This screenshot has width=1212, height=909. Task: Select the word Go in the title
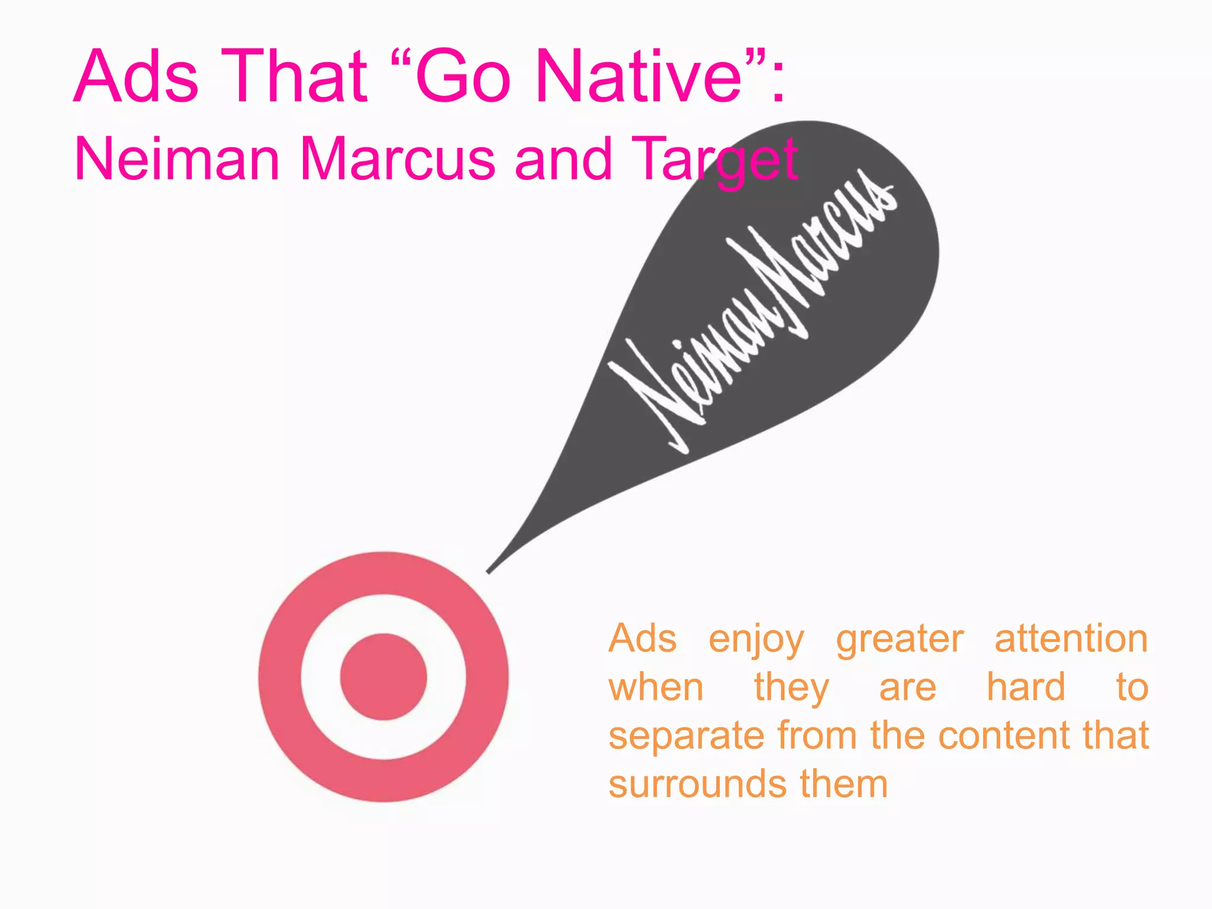pos(462,78)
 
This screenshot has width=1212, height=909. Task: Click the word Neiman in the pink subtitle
pos(177,159)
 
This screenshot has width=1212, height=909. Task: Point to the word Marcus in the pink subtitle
pos(397,159)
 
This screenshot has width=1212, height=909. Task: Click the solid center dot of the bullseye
pos(383,677)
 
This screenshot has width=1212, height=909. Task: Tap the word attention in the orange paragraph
pos(1071,639)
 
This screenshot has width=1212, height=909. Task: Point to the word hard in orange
pos(1026,688)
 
